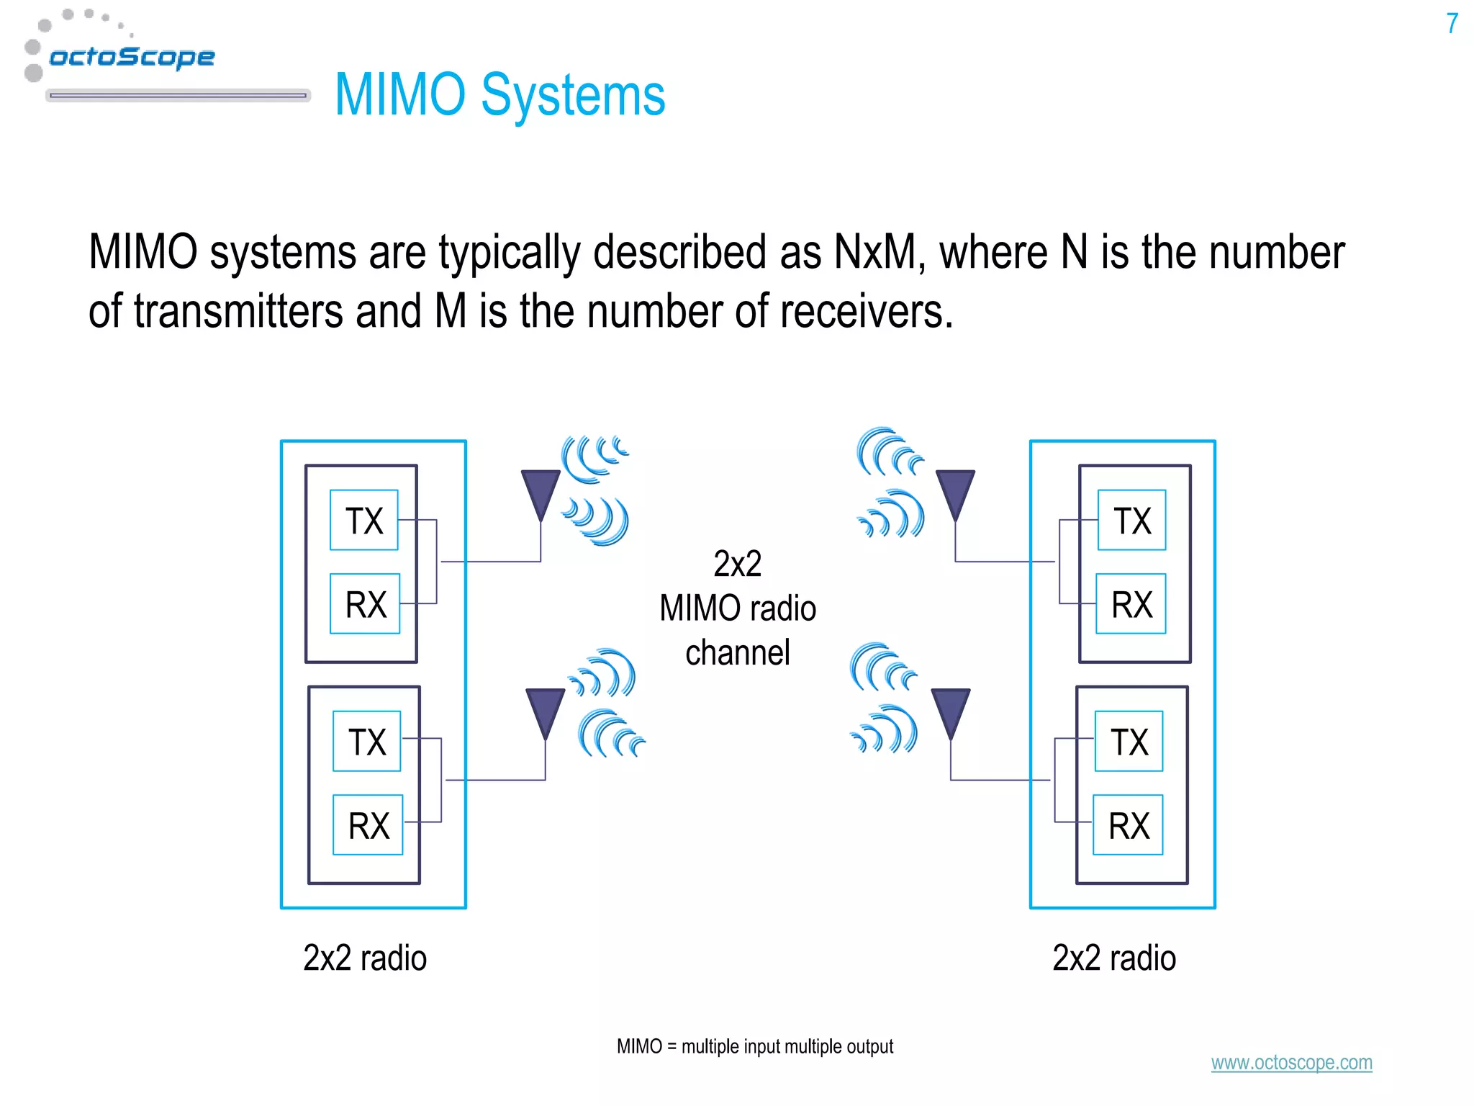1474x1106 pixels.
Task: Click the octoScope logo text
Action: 132,56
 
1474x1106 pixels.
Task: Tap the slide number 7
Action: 1452,24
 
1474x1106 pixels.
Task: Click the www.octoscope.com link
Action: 1291,1062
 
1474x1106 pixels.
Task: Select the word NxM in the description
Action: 875,253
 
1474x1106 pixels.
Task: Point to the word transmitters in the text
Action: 238,311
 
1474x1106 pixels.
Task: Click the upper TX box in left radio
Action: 364,520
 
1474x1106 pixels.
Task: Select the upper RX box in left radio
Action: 365,603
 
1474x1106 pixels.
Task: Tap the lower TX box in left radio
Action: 367,741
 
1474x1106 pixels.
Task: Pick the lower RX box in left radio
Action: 368,824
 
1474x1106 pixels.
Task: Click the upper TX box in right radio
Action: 1131,520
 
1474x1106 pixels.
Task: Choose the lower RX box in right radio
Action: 1128,824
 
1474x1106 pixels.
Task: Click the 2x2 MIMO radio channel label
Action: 738,608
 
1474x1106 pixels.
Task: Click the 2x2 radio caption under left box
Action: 365,958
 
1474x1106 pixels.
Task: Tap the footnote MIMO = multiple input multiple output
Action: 754,1046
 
